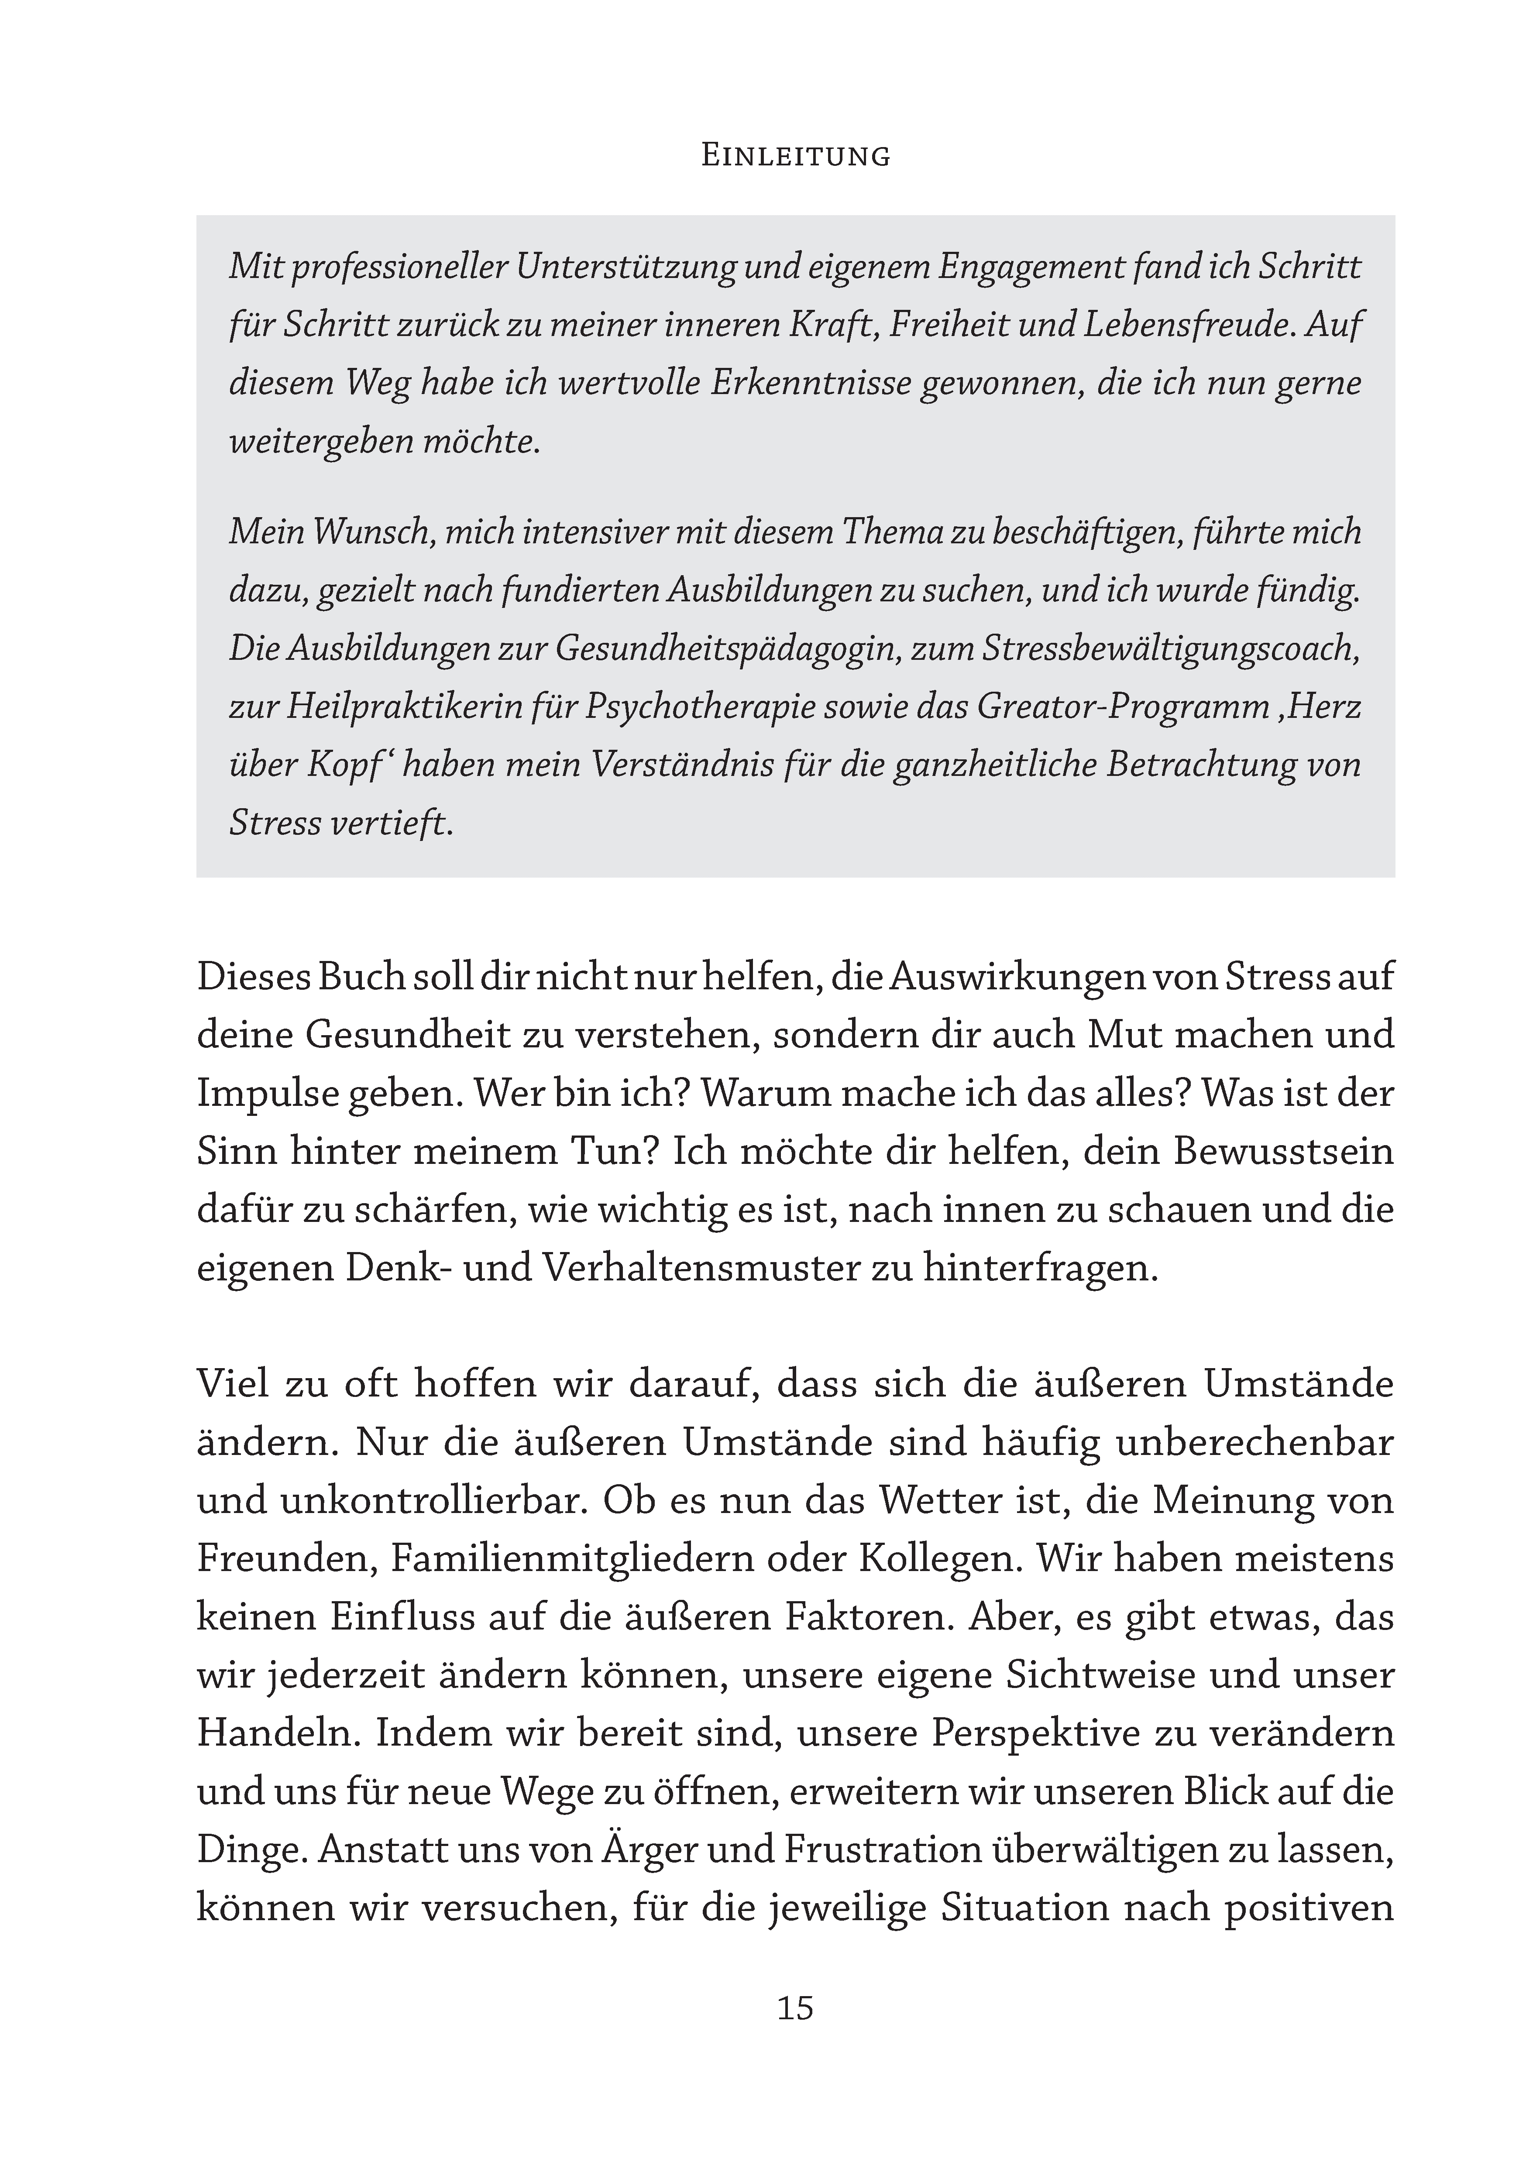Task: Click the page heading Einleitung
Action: click(x=795, y=156)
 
